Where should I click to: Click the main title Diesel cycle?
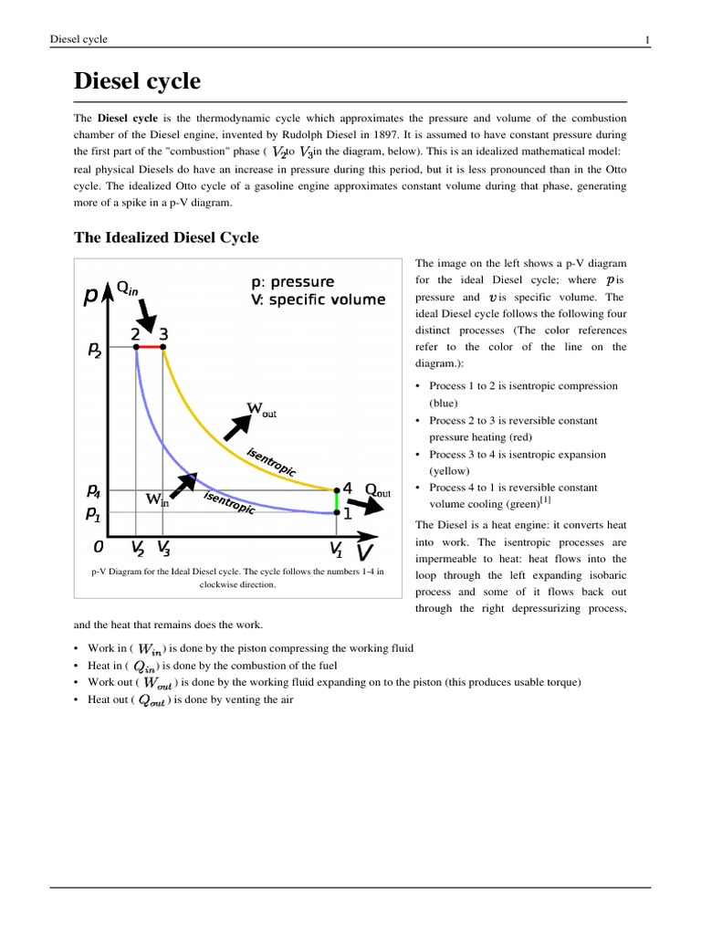click(x=136, y=81)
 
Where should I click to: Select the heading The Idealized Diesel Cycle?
click(x=165, y=237)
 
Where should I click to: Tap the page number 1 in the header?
click(x=646, y=38)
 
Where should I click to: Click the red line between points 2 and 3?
click(x=150, y=347)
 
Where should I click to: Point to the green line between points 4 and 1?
click(x=337, y=500)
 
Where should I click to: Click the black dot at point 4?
click(x=337, y=489)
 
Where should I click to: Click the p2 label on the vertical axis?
click(x=95, y=350)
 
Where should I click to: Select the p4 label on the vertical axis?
click(x=95, y=490)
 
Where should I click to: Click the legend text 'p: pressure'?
click(x=292, y=281)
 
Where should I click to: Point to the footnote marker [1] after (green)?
click(x=543, y=500)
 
